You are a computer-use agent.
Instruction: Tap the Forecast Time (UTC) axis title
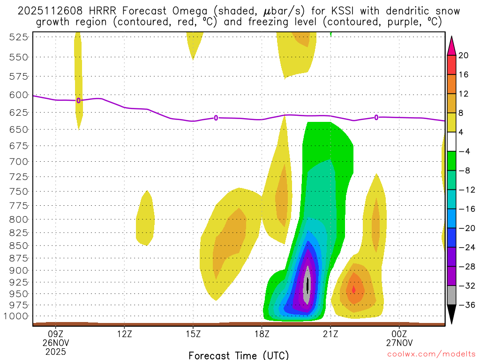click(239, 355)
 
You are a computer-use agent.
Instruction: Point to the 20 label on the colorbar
click(464, 56)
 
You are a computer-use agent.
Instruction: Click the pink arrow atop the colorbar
click(451, 45)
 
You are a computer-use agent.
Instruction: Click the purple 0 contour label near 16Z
click(216, 118)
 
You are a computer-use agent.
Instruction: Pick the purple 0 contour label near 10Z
click(78, 100)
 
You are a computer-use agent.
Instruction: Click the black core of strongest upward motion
click(307, 285)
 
